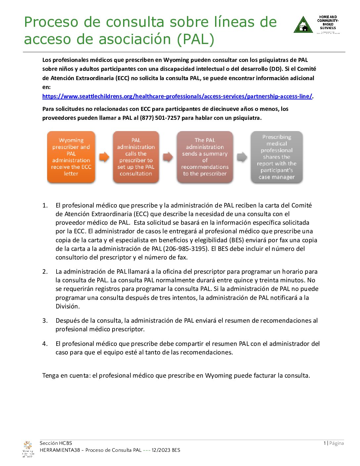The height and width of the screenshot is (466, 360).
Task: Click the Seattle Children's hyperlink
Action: pyautogui.click(x=177, y=96)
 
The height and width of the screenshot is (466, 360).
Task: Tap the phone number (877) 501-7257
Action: pyautogui.click(x=160, y=118)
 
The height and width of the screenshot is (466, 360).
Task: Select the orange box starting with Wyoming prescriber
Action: pyautogui.click(x=71, y=157)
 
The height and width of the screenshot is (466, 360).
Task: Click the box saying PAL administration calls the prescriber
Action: pyautogui.click(x=136, y=157)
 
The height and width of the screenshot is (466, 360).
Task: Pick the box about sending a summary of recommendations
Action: pyautogui.click(x=205, y=157)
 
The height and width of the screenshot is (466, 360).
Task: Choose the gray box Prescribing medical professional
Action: pyautogui.click(x=277, y=157)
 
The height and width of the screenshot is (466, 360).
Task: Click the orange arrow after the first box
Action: pyautogui.click(x=104, y=157)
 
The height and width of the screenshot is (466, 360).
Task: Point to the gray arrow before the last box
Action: pyautogui.click(x=242, y=157)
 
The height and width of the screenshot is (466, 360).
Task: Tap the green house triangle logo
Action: pyautogui.click(x=303, y=25)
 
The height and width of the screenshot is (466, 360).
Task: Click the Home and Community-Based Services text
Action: pyautogui.click(x=328, y=23)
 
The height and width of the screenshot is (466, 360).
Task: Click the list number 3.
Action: pyautogui.click(x=45, y=320)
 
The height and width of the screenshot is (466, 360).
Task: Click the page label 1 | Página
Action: pyautogui.click(x=334, y=443)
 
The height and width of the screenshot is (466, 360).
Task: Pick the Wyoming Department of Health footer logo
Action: pyautogui.click(x=28, y=449)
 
